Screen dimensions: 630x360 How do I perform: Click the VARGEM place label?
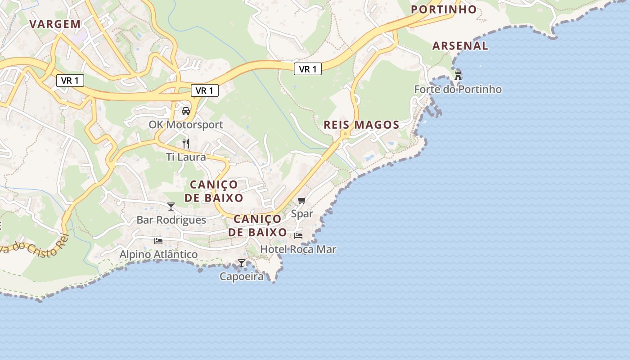(55, 24)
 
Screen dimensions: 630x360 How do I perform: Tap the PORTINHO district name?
(443, 9)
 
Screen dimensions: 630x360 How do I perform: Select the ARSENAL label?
(460, 45)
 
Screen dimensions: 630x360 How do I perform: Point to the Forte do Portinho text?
(458, 89)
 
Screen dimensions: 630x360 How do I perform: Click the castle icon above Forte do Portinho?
(458, 76)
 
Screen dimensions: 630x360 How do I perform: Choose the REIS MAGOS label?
(361, 125)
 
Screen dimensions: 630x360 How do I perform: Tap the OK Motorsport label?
(186, 125)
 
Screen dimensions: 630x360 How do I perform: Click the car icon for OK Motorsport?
(185, 111)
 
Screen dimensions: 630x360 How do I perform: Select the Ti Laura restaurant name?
(186, 157)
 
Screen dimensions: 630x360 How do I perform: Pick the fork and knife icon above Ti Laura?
(186, 144)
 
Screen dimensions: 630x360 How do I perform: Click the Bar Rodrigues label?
(171, 220)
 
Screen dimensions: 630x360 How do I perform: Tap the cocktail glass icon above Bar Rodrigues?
(171, 207)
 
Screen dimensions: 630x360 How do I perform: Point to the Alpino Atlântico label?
(158, 254)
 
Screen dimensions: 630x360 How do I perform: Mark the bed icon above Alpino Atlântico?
(158, 241)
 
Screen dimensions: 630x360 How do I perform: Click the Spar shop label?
(301, 214)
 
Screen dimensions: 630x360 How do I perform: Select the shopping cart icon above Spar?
(301, 200)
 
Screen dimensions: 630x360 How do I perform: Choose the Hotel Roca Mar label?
(298, 249)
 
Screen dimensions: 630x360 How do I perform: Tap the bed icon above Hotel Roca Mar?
(298, 235)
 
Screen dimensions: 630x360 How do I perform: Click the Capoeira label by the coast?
(242, 276)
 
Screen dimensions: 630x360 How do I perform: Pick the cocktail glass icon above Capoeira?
(242, 263)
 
